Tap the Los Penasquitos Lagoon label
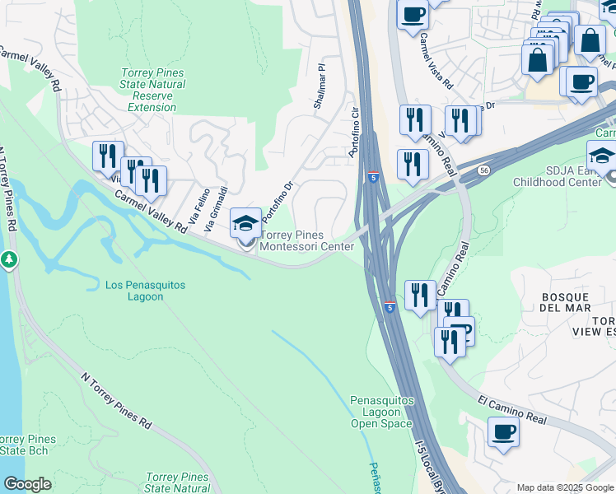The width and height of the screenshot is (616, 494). pyautogui.click(x=146, y=291)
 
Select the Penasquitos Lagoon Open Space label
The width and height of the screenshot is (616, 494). pyautogui.click(x=381, y=412)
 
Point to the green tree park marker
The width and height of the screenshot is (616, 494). pyautogui.click(x=9, y=260)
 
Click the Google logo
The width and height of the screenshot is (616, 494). pyautogui.click(x=27, y=484)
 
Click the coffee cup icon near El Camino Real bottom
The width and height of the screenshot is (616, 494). pyautogui.click(x=503, y=432)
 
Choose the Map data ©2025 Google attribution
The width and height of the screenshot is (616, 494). pyautogui.click(x=566, y=487)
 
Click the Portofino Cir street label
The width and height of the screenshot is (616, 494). pyautogui.click(x=356, y=132)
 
